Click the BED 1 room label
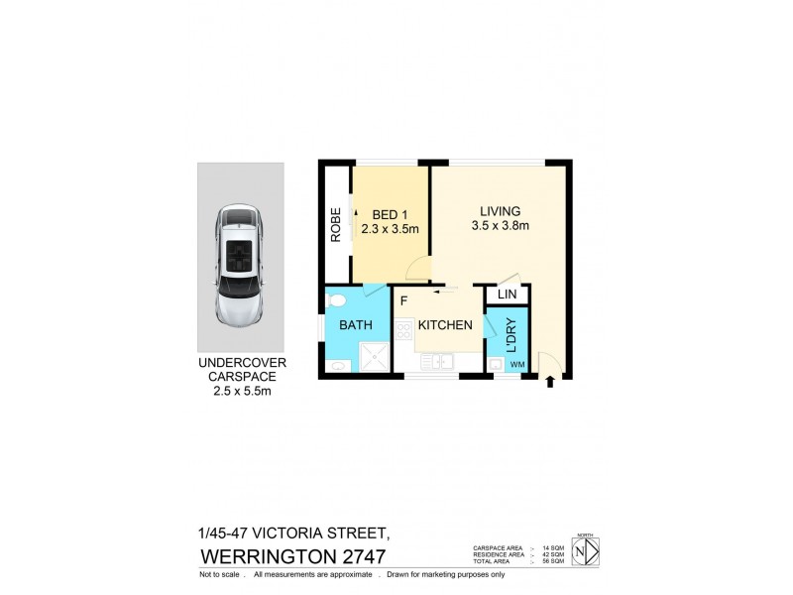click(388, 215)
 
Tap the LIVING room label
click(500, 210)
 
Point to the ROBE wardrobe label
click(337, 224)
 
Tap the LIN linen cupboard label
click(507, 295)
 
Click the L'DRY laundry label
click(512, 337)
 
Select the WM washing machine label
click(515, 364)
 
